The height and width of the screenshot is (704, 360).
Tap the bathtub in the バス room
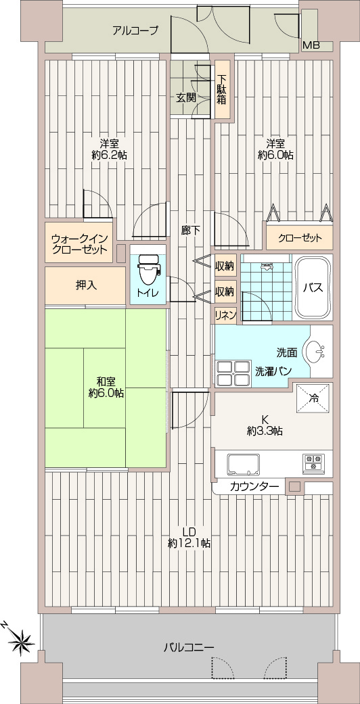pos(313,287)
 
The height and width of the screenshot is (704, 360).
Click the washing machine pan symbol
pos(233,373)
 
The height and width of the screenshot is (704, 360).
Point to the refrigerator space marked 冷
pos(313,398)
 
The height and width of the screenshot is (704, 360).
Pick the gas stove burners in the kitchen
pos(313,464)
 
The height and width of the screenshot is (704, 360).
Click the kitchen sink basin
pos(244,464)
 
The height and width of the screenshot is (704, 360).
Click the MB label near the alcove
pos(311,45)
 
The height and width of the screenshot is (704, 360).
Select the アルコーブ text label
pos(135,30)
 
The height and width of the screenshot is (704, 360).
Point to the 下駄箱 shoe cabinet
pos(221,89)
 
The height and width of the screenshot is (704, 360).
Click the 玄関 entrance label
pos(185,97)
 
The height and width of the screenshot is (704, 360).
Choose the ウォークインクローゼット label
pos(80,243)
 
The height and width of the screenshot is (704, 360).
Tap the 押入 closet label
pos(85,285)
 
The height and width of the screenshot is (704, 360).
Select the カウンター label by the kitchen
pos(254,486)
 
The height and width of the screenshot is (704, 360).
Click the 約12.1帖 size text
pos(189,543)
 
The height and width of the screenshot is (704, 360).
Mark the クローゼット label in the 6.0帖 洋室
pos(300,238)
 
